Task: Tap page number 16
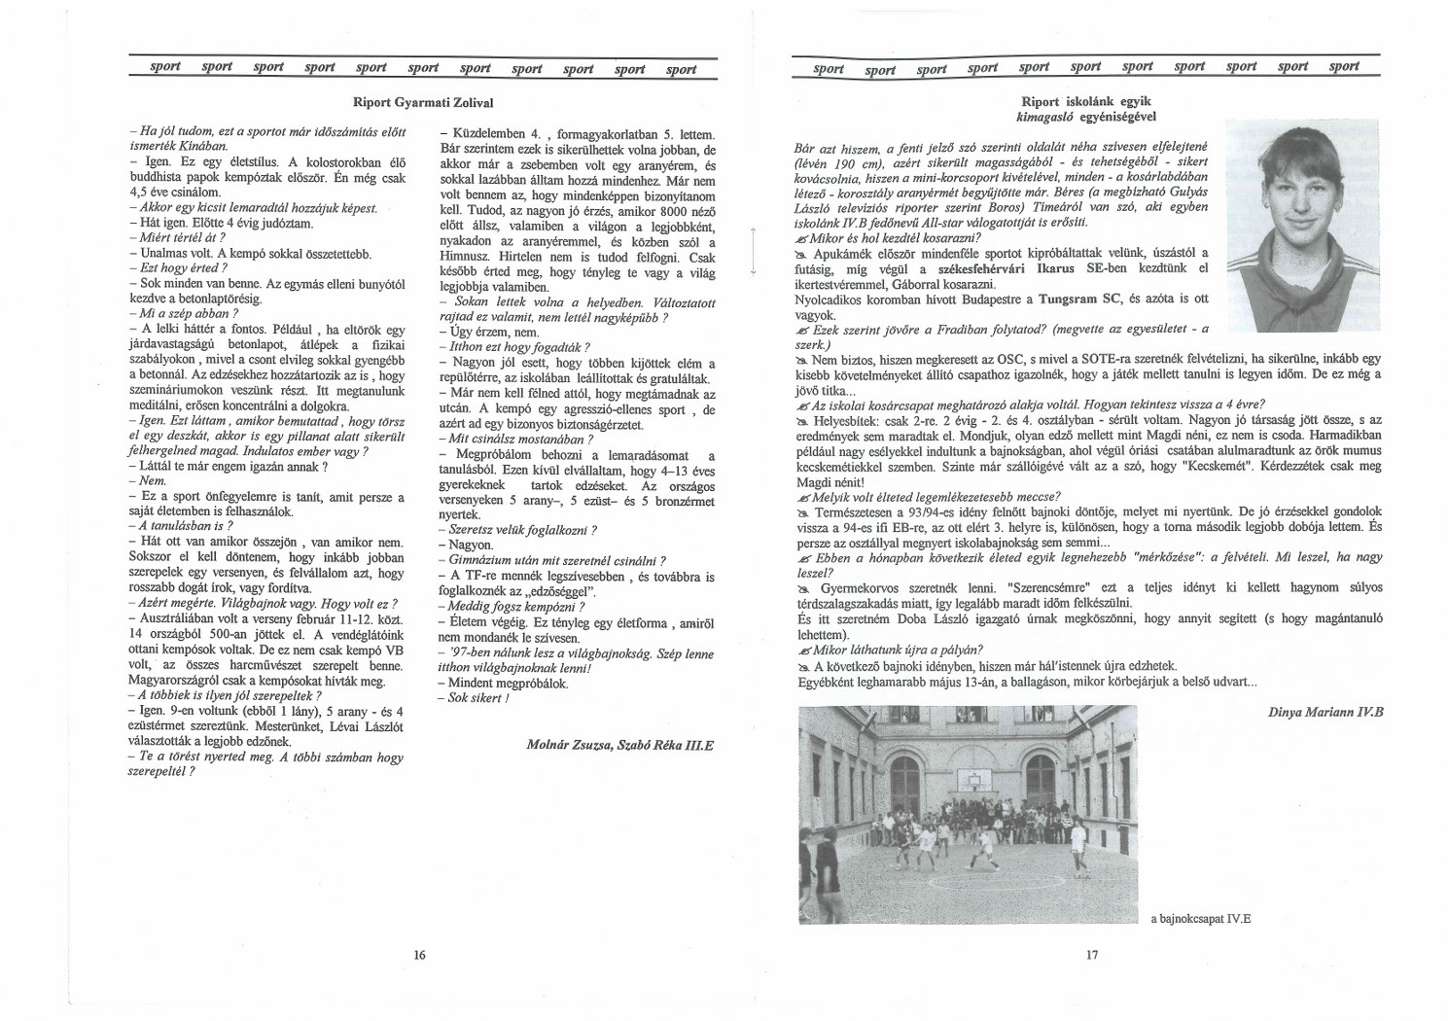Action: pyautogui.click(x=420, y=955)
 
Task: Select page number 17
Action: pyautogui.click(x=1091, y=955)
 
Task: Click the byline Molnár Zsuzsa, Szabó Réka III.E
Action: pyautogui.click(x=619, y=744)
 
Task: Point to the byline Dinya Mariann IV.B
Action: pyautogui.click(x=1325, y=712)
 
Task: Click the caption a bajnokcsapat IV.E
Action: pyautogui.click(x=1204, y=917)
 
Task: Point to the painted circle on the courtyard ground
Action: pyautogui.click(x=972, y=890)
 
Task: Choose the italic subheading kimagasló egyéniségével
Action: pyautogui.click(x=1090, y=117)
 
